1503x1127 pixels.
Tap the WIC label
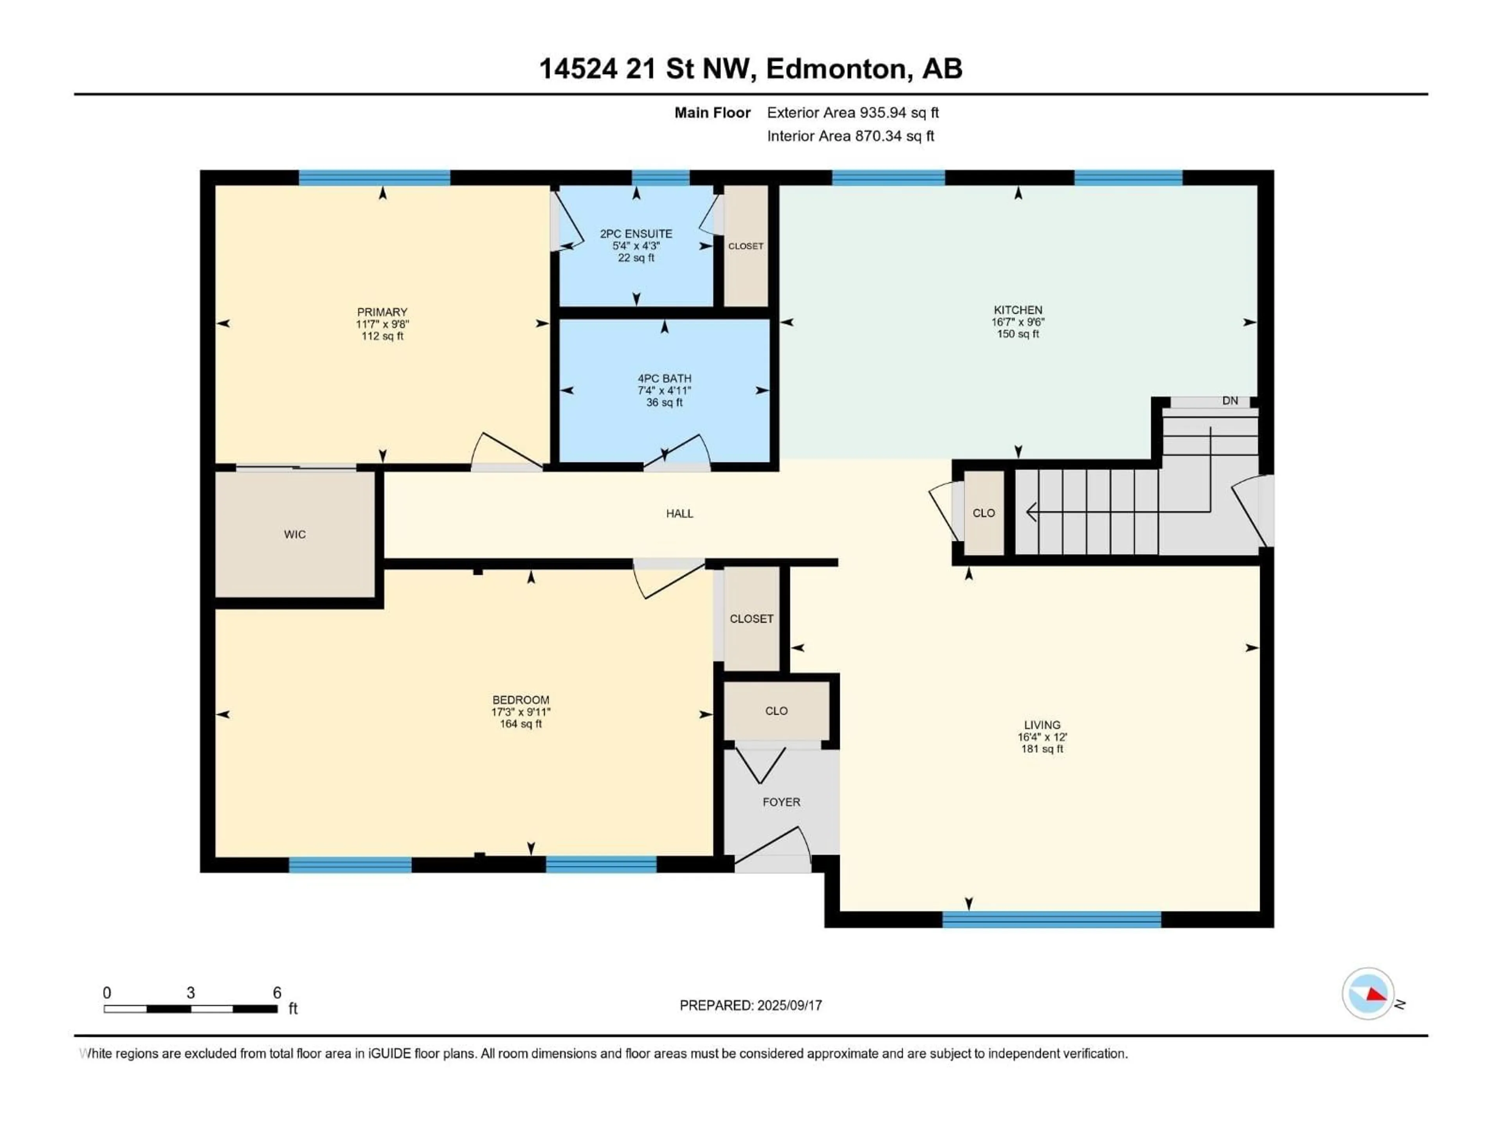coord(294,535)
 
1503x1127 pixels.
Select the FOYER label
coord(781,802)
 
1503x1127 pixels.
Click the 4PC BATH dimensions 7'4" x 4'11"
coord(664,391)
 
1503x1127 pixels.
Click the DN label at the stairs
coord(1230,401)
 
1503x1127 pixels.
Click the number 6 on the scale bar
coord(277,992)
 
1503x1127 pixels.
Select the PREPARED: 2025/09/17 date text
coord(750,1005)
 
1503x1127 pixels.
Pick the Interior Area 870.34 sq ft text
coord(850,136)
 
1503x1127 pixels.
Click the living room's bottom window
coord(1051,920)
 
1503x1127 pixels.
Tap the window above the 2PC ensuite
coord(660,178)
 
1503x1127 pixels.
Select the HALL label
coord(679,513)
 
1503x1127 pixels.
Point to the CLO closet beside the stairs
coord(983,513)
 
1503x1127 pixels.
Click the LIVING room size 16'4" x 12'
coord(1042,737)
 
